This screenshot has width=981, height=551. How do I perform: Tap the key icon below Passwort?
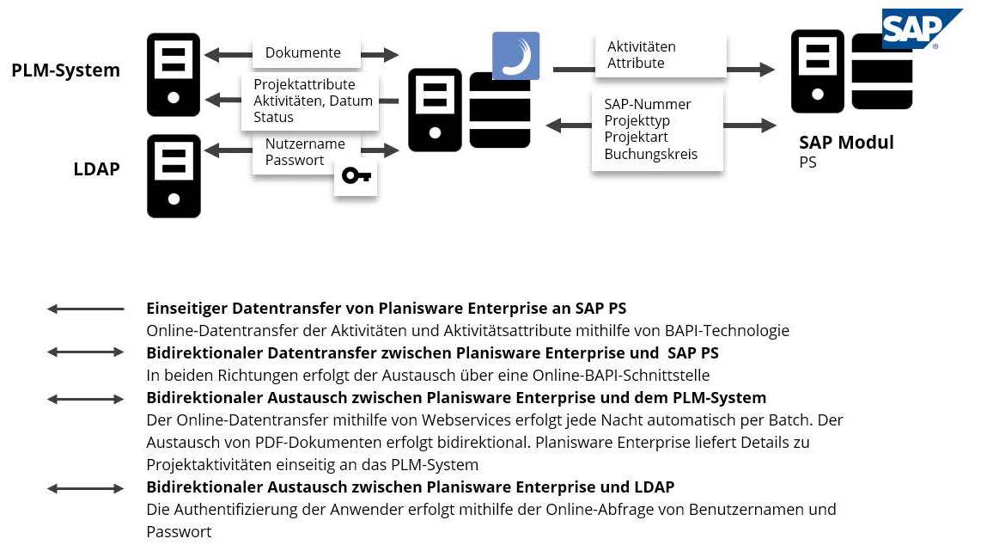click(x=356, y=175)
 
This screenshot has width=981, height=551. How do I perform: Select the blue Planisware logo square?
click(x=515, y=56)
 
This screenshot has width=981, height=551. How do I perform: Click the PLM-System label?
click(x=65, y=70)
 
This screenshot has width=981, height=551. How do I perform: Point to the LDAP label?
click(x=96, y=169)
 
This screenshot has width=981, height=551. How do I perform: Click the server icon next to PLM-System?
click(x=174, y=74)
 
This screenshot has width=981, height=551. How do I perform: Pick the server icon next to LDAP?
click(x=174, y=175)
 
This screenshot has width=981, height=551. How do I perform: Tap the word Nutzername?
click(x=305, y=144)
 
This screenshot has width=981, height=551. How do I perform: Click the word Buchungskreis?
click(x=650, y=154)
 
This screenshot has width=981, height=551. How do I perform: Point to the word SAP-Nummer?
click(x=647, y=104)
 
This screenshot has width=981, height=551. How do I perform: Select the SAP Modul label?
click(x=846, y=143)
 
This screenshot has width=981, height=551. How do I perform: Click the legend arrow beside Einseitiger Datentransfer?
click(x=85, y=309)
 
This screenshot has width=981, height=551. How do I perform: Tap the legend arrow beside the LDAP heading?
click(x=85, y=488)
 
